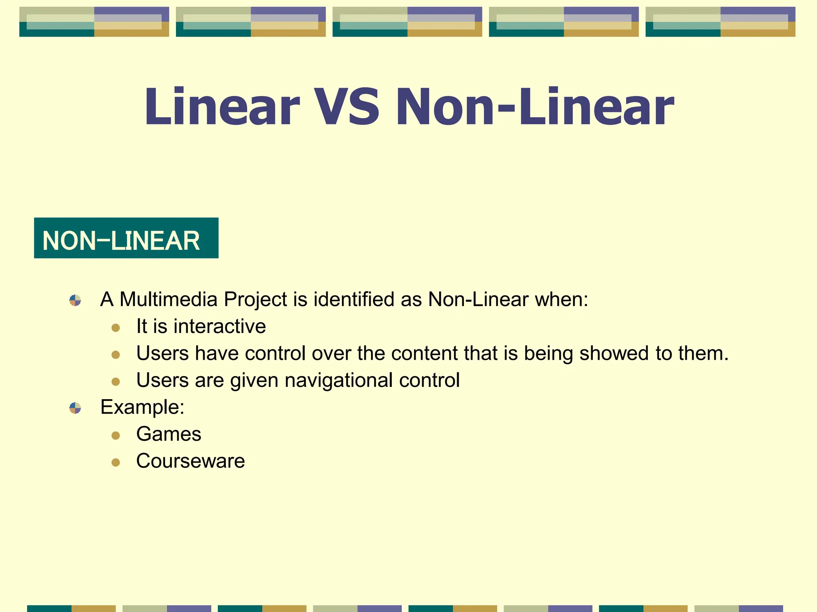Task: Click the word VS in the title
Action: [x=346, y=107]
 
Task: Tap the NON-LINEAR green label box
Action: [x=126, y=238]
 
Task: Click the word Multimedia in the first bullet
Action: [x=168, y=299]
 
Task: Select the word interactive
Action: [x=220, y=326]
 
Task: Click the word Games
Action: [x=169, y=434]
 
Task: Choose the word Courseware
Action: [x=190, y=461]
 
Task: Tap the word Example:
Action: [x=142, y=407]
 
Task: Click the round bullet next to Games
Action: [x=116, y=435]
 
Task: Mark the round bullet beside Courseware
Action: [x=116, y=462]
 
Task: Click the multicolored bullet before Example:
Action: [x=75, y=408]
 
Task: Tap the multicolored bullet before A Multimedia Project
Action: [x=75, y=300]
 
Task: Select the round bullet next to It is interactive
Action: [x=116, y=328]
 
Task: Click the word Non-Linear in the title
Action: [x=535, y=107]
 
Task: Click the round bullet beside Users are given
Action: [x=116, y=382]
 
